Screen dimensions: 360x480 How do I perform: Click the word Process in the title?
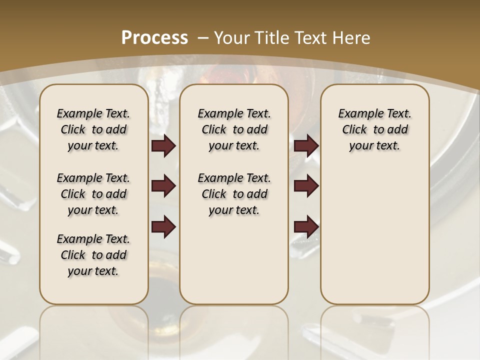(154, 37)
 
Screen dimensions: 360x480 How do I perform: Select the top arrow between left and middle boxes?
(163, 146)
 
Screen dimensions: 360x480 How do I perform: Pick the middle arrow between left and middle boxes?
(163, 186)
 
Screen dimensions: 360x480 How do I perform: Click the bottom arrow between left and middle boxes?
(163, 227)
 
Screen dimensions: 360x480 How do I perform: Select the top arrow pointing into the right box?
(306, 146)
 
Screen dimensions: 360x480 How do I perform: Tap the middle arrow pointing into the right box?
(306, 186)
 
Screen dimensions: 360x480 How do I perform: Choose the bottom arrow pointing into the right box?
(306, 227)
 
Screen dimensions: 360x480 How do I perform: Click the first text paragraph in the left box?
(93, 129)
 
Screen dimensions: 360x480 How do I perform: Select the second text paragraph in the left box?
(93, 194)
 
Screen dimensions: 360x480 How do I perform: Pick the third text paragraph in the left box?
(93, 255)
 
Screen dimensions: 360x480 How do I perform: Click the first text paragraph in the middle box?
(234, 129)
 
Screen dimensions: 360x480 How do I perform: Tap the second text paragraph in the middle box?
(234, 194)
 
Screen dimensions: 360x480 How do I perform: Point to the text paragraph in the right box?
(375, 129)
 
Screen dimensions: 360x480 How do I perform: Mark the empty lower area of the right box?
(375, 235)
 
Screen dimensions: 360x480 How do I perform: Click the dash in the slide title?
(203, 37)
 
